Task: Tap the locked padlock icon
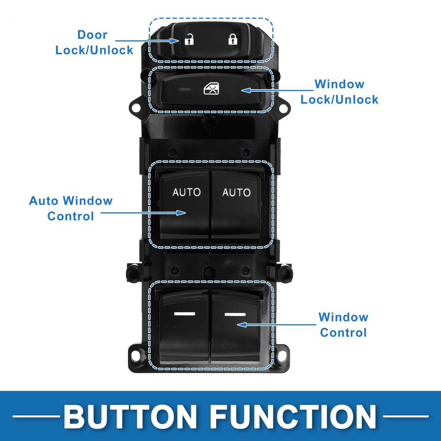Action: [x=232, y=39]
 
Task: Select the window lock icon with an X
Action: [x=212, y=89]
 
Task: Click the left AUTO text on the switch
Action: [x=187, y=192]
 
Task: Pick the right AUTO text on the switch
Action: [x=236, y=192]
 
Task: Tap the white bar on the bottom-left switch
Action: [x=184, y=314]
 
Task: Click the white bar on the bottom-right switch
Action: [x=235, y=314]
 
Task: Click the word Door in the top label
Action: [x=92, y=35]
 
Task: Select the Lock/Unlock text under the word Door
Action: [x=94, y=50]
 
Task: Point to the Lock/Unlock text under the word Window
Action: [x=340, y=99]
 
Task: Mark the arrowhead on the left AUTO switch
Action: [x=181, y=213]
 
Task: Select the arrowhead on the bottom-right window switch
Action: [x=242, y=325]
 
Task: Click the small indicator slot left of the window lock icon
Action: [x=184, y=90]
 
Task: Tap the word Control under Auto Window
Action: [x=71, y=216]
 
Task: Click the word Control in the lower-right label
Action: [x=343, y=333]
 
